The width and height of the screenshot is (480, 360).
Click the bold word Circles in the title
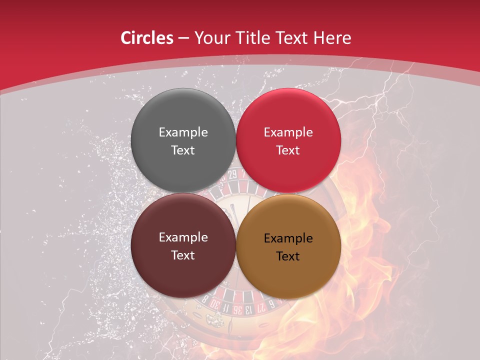click(147, 38)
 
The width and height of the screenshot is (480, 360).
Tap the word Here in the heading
click(333, 38)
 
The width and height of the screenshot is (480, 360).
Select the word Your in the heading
click(210, 38)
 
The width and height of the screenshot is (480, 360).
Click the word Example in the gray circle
click(183, 132)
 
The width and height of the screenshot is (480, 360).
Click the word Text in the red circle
click(288, 150)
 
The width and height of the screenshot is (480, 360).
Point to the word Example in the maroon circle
click(183, 237)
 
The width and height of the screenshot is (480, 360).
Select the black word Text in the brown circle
click(288, 256)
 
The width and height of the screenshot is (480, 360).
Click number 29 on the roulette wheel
click(232, 174)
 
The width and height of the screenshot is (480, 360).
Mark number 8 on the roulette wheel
click(205, 299)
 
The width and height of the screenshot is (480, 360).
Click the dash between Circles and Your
click(183, 38)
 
